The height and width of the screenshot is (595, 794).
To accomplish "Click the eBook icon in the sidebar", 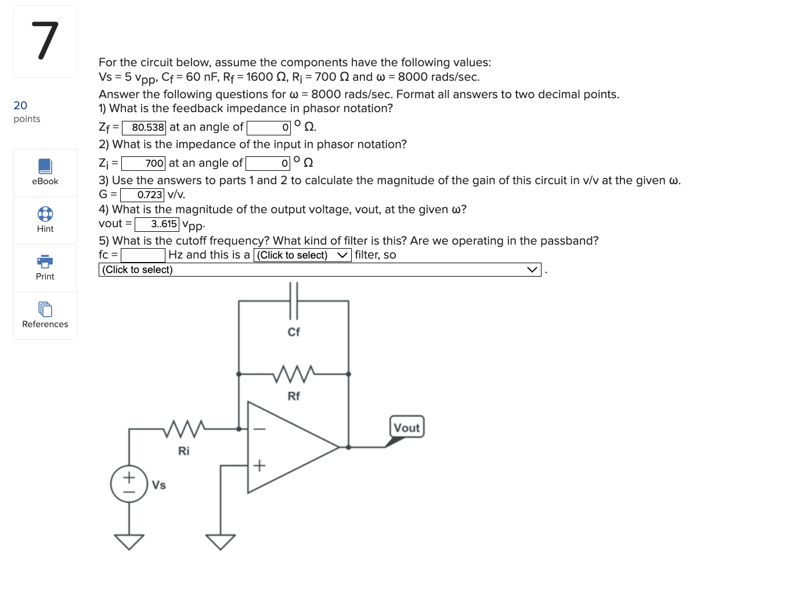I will [x=45, y=167].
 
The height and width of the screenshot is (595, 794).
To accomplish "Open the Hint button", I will [x=45, y=214].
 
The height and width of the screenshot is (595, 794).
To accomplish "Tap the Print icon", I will [x=45, y=261].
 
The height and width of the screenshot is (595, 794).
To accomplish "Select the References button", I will [x=45, y=309].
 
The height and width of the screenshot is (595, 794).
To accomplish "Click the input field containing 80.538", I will [x=144, y=127].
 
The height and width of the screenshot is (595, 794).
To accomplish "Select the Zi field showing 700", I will [x=143, y=163].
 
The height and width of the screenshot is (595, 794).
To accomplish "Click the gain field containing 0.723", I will [x=142, y=195].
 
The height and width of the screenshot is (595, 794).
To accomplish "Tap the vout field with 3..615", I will [x=157, y=224].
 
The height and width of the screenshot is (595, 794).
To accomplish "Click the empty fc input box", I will [x=143, y=255].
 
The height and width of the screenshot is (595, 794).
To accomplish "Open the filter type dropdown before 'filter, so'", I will [x=302, y=255].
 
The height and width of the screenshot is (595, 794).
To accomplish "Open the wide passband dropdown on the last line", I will [x=319, y=270].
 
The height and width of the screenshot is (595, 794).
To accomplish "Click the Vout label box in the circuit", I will [x=407, y=427].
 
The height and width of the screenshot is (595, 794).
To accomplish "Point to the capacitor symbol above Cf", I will [x=294, y=300].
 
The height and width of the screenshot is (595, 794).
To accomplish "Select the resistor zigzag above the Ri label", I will [x=183, y=429].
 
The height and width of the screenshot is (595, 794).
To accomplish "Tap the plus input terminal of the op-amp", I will [x=259, y=465].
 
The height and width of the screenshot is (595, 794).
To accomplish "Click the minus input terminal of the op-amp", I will [x=259, y=429].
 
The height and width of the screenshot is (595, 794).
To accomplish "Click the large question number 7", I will [x=45, y=41].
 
